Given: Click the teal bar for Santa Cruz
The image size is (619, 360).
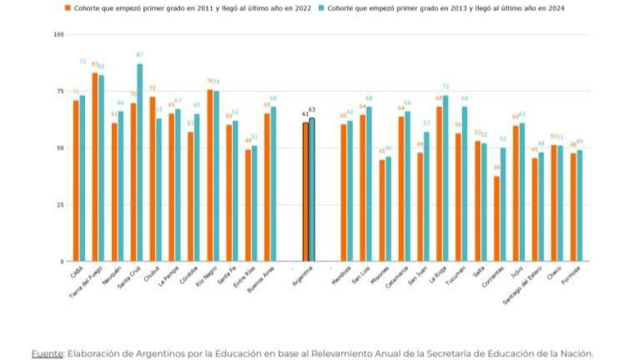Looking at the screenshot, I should coord(140,162).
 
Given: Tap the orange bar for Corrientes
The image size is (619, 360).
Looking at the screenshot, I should coord(497,219).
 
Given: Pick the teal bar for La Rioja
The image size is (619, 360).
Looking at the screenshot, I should coord(445,179).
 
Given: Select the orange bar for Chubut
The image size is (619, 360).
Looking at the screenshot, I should coord(153,179).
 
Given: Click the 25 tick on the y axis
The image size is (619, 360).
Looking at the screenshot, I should coord(60,205).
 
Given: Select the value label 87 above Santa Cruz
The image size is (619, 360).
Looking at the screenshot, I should coord(140,55).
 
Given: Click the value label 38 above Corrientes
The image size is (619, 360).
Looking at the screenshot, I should coord(497,167).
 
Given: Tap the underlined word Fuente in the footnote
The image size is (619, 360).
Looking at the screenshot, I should coord(46,354).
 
